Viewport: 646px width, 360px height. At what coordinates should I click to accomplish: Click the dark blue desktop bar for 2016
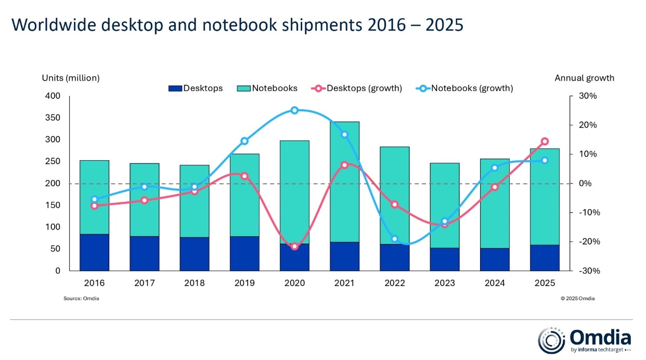94,252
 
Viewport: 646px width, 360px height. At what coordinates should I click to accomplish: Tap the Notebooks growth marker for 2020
294,110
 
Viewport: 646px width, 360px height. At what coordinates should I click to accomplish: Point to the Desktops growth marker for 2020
294,246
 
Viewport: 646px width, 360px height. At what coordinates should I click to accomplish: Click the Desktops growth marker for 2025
545,141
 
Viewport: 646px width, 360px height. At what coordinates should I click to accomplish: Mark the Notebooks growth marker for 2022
394,239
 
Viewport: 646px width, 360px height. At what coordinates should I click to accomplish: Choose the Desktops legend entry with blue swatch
196,88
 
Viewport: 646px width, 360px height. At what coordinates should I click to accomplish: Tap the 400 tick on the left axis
53,96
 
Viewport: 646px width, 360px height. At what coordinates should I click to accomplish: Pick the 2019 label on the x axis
244,284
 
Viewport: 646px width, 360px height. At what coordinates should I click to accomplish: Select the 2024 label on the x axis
495,284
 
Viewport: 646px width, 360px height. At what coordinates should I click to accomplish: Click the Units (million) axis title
70,78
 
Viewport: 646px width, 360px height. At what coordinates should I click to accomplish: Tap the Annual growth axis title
584,78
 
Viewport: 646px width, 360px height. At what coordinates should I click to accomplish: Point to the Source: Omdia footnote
81,299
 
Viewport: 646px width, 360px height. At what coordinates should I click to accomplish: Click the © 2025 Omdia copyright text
577,299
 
